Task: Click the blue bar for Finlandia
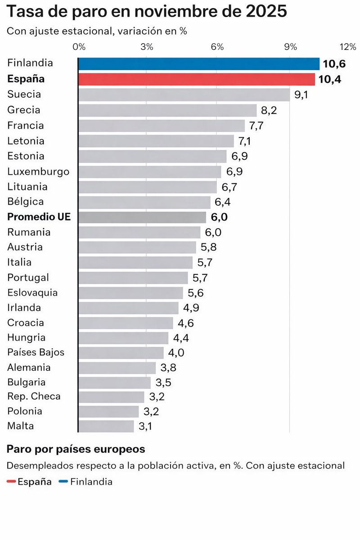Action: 198,64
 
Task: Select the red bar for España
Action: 196,79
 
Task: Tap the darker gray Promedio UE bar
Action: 142,217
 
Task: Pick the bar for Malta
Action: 106,426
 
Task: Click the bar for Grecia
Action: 167,110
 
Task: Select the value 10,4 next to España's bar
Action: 329,80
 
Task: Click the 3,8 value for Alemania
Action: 168,368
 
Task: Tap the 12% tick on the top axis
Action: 348,47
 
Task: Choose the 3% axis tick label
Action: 147,47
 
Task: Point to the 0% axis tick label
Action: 79,47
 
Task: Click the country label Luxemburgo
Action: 38,171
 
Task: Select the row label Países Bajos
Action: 36,352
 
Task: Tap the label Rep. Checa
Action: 34,396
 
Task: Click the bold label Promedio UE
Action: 39,217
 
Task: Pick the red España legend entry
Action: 30,482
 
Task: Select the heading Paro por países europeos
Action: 76,449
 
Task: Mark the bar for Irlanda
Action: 128,308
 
